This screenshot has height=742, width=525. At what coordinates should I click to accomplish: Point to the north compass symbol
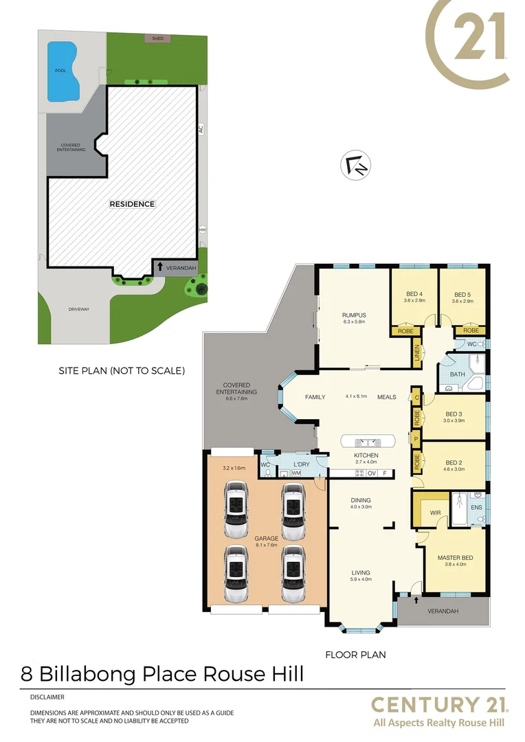coord(357,166)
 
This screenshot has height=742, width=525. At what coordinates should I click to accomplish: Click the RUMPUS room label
coord(354,315)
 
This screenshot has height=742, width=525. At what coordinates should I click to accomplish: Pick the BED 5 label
coord(462,294)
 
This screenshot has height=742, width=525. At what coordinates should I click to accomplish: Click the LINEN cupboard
coord(417,353)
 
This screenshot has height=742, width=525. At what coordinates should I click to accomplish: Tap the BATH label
coord(457,374)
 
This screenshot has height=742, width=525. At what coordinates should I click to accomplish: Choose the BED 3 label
coord(453,414)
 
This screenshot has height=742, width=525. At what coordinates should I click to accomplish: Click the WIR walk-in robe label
coord(435,513)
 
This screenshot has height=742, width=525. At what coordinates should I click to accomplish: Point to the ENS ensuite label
coord(476,508)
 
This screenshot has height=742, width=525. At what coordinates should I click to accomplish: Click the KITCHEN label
coord(366,456)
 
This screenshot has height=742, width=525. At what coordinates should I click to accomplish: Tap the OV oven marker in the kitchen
coord(372,473)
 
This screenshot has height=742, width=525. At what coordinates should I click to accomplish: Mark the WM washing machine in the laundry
coord(296,473)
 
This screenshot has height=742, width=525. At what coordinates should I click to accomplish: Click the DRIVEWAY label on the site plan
coord(78,309)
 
